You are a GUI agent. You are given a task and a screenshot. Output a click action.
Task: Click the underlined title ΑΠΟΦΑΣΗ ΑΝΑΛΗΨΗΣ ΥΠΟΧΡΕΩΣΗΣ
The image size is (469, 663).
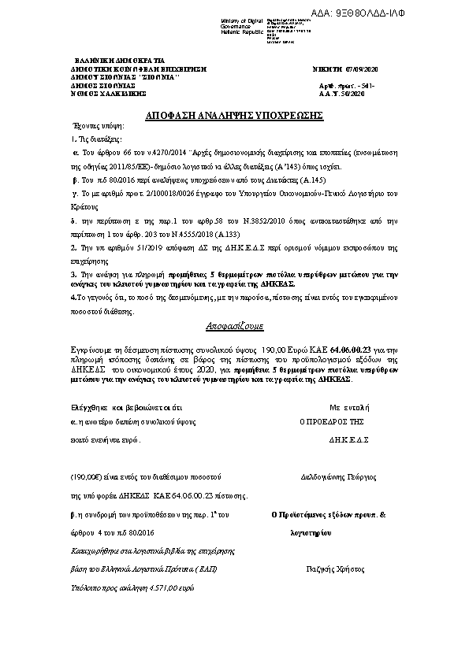tap(235, 115)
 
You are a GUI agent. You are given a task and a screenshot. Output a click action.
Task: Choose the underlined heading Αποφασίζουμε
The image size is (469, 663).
tap(234, 324)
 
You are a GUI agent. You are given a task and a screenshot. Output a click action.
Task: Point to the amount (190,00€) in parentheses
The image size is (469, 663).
tap(89, 476)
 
